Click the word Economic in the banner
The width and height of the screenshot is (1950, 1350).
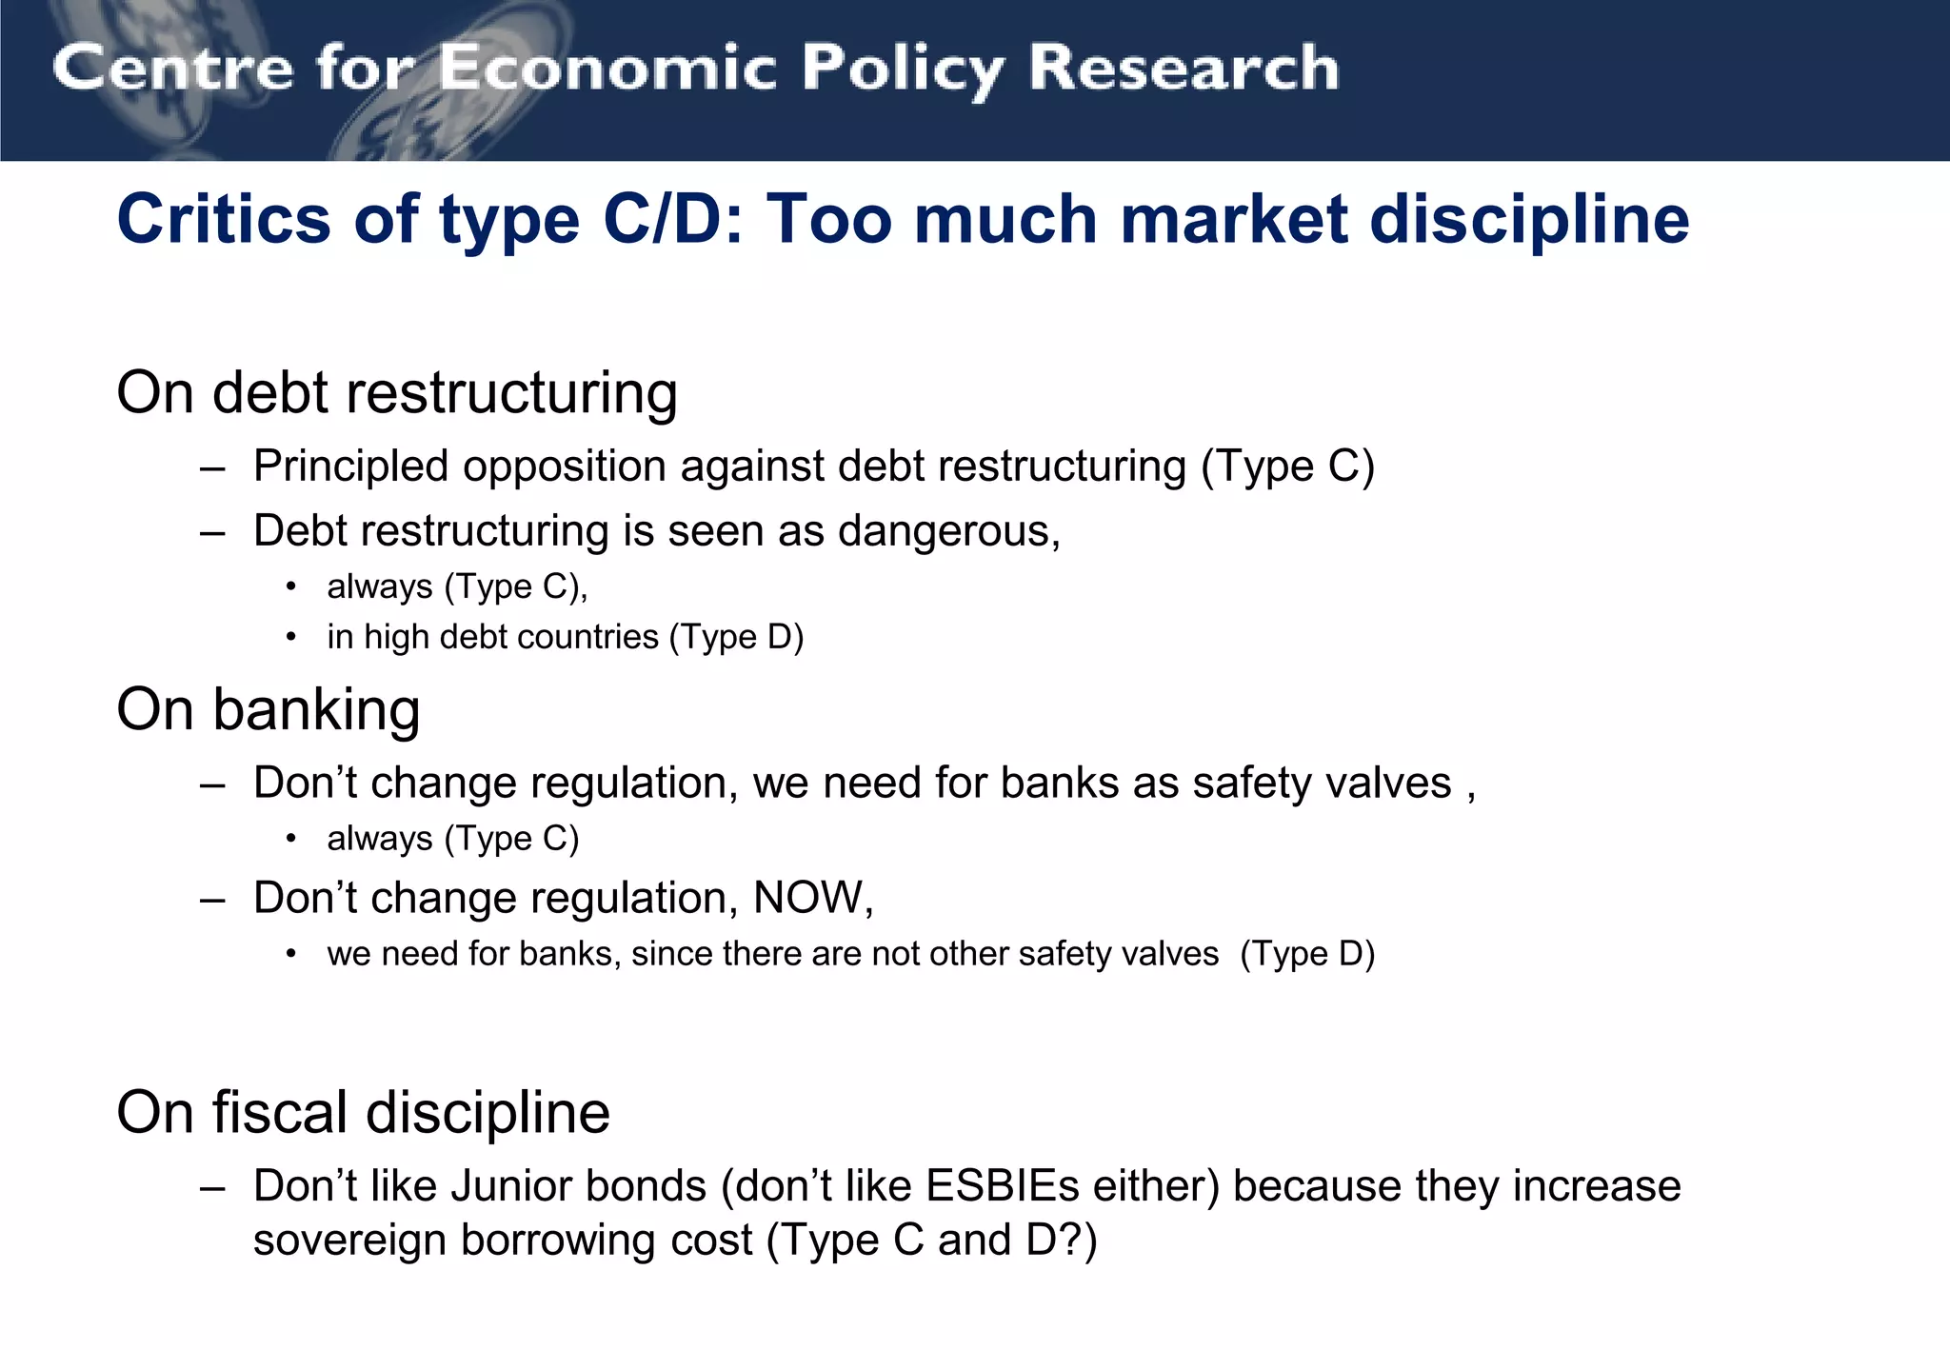tap(607, 69)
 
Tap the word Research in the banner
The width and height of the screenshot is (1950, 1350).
tap(1184, 69)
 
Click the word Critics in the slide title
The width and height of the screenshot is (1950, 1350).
tap(226, 220)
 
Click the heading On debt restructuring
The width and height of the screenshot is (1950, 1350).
tap(396, 392)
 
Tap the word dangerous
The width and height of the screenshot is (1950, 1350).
tap(948, 531)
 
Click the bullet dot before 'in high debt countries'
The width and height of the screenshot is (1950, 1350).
tap(291, 637)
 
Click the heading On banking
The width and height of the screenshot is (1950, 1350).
tap(268, 709)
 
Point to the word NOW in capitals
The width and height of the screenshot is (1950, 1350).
tap(809, 898)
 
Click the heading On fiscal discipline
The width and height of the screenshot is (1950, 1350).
tap(363, 1112)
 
